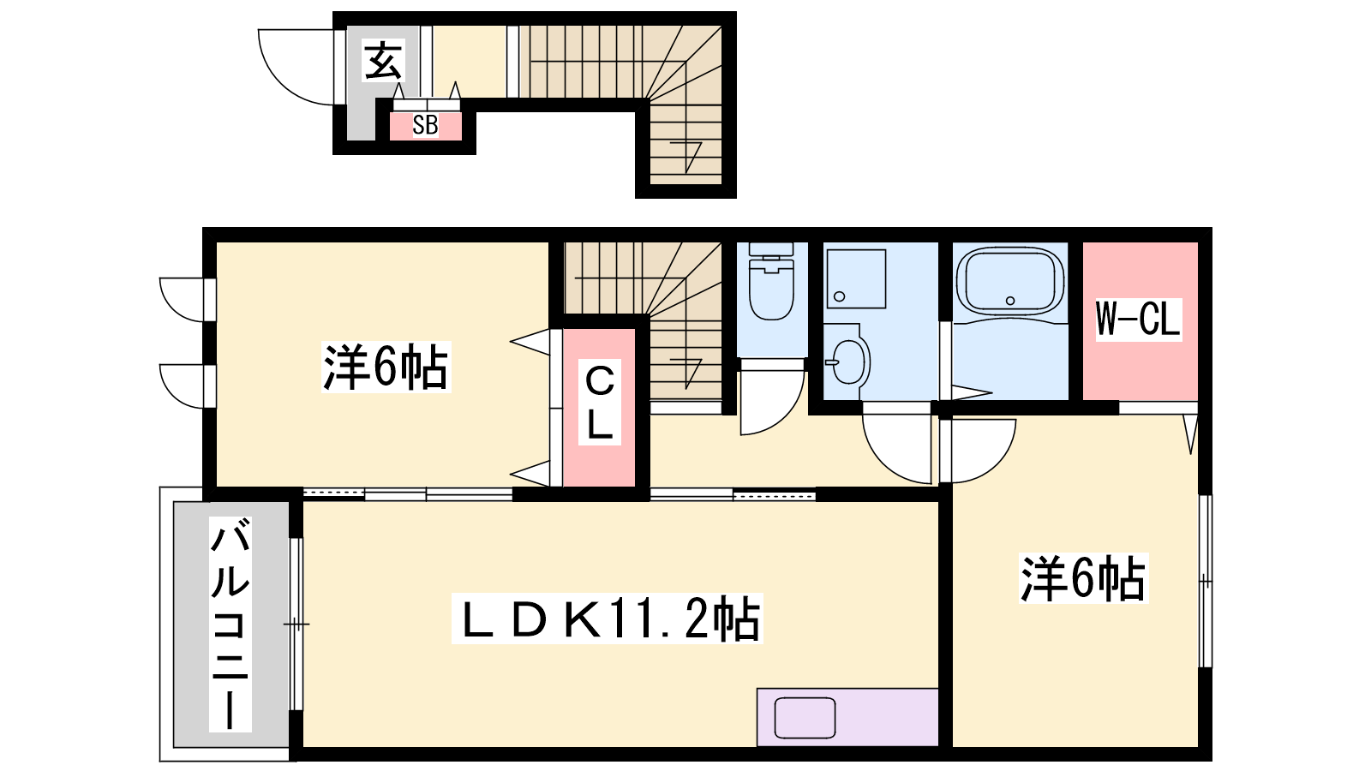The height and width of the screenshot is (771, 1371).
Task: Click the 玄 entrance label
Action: tap(384, 60)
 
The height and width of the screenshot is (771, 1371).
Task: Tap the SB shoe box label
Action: tap(425, 125)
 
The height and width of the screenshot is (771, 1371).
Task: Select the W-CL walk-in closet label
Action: tap(1138, 319)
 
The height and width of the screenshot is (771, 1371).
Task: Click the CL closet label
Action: tap(600, 402)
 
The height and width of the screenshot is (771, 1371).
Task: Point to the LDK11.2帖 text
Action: tap(608, 618)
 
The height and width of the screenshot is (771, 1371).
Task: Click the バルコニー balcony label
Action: tap(230, 625)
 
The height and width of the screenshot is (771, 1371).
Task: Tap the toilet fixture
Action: tap(771, 282)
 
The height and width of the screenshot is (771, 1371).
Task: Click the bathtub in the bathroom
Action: tap(1010, 282)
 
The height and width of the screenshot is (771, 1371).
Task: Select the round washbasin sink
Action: tap(848, 361)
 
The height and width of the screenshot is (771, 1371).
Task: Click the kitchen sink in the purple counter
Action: tap(805, 718)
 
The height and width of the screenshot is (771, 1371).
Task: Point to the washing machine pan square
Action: tap(856, 278)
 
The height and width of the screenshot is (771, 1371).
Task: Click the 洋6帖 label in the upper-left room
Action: tap(386, 367)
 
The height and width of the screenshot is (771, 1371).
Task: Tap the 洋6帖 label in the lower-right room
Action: tap(1083, 577)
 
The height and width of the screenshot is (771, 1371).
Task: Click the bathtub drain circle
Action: tap(1010, 301)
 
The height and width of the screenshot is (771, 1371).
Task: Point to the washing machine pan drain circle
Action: tap(839, 296)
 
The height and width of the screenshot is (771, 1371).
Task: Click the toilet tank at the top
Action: tap(771, 249)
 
